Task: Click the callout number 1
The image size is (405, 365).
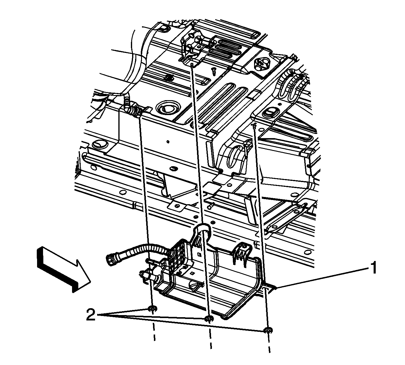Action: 373,268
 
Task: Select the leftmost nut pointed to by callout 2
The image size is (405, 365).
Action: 152,309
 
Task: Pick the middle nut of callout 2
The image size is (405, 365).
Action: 209,319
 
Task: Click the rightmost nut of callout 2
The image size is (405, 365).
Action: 268,330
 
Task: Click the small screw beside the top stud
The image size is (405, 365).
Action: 214,71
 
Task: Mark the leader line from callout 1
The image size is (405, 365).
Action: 323,277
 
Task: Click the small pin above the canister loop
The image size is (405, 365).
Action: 211,205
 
